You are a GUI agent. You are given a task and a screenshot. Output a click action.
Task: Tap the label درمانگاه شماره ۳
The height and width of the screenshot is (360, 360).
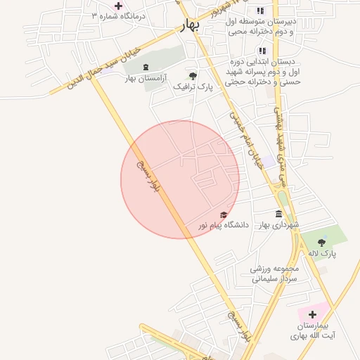click(x=115, y=16)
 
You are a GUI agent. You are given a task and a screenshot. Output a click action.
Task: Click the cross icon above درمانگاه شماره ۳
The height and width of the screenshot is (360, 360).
click(x=118, y=6)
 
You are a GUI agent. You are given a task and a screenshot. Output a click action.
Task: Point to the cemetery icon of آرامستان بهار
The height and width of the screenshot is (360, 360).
click(x=146, y=67)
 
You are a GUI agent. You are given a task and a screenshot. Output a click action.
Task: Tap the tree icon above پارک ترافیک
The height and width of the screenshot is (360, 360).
click(x=193, y=75)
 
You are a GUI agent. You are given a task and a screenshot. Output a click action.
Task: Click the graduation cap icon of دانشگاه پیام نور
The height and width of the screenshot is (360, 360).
click(x=224, y=215)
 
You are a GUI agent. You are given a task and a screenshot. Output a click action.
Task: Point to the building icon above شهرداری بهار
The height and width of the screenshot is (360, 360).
click(x=279, y=214)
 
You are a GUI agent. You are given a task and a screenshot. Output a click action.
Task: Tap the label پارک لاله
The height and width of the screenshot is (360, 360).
click(x=321, y=253)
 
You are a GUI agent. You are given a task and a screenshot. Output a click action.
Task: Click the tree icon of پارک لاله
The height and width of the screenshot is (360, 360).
click(x=321, y=243)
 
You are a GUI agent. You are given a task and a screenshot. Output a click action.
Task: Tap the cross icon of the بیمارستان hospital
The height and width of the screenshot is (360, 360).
click(x=312, y=314)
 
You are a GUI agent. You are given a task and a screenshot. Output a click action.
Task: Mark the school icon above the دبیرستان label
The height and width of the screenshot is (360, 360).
click(x=261, y=11)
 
